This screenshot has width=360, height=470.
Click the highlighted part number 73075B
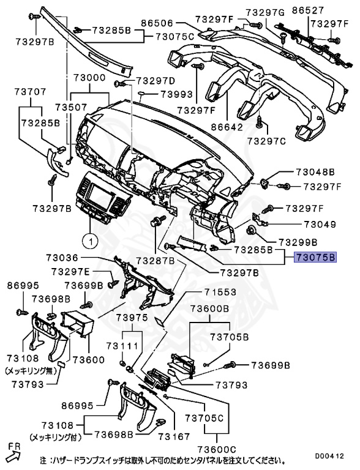(x=315, y=258)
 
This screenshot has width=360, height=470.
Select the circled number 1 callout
(x=89, y=241)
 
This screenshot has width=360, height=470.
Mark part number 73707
(x=30, y=92)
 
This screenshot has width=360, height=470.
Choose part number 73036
(x=64, y=258)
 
